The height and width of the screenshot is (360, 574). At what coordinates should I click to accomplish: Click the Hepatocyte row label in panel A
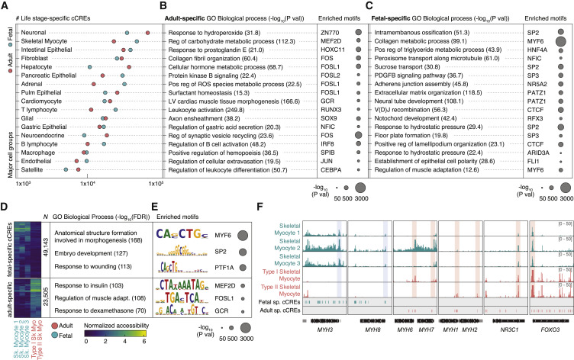pyautogui.click(x=40, y=66)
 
